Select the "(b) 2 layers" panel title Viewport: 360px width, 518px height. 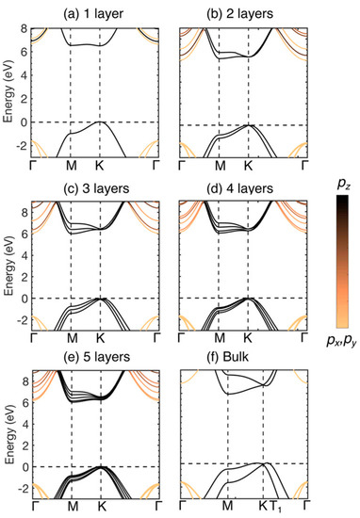[235, 13]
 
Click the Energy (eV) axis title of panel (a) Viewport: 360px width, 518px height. [8, 85]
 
